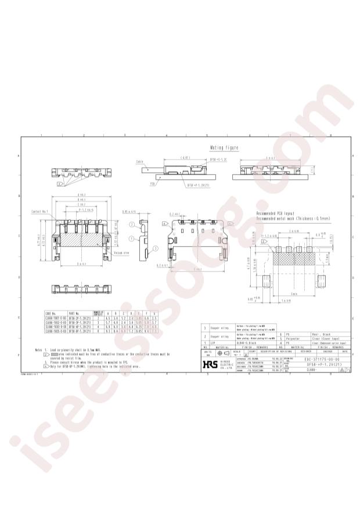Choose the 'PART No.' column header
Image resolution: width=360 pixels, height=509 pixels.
[x=76, y=313]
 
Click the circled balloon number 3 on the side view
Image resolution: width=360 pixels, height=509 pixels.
[x=132, y=223]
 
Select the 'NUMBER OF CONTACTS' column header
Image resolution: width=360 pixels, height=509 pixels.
[x=98, y=312]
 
